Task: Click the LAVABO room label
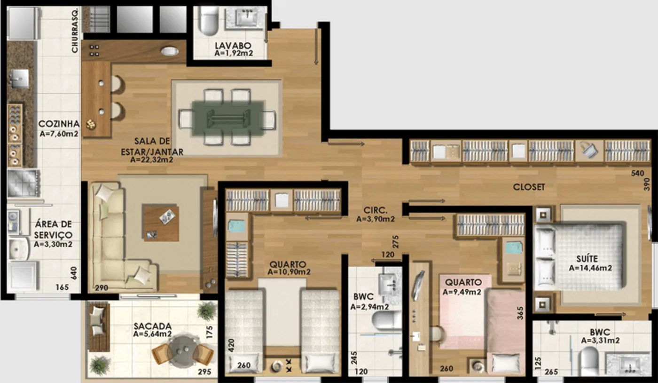point(233,46)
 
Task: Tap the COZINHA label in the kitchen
point(59,124)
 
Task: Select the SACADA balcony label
point(152,326)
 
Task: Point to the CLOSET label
point(529,187)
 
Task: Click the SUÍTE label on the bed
point(587,259)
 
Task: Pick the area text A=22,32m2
point(151,160)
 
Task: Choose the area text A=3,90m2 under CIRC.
point(376,219)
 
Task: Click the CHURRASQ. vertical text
point(75,30)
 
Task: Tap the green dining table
point(228,119)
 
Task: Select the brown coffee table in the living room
point(161,223)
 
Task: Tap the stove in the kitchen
point(23,183)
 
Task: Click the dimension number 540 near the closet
point(637,173)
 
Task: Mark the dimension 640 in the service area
point(74,273)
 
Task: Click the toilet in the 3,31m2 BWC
point(590,362)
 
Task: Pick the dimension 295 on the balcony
point(204,372)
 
